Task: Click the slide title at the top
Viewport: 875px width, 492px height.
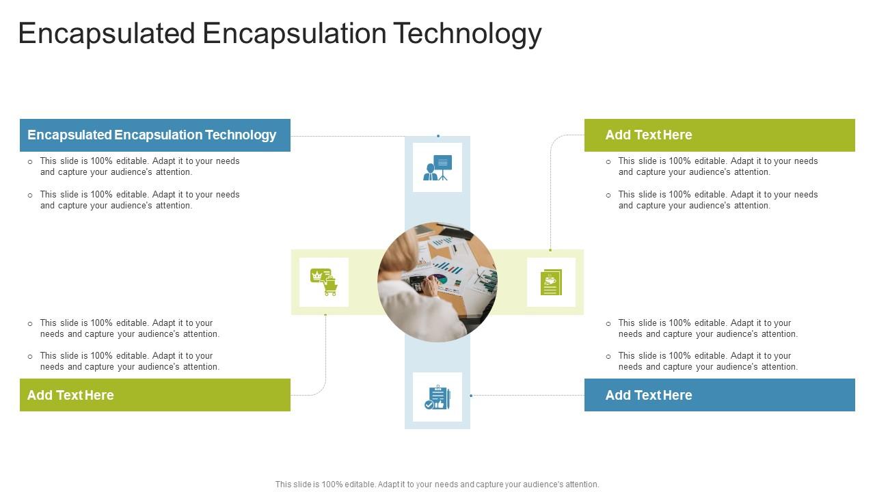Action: (x=280, y=33)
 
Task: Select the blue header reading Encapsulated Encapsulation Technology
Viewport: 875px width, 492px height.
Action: (x=154, y=135)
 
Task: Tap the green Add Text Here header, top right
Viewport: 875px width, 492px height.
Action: (x=719, y=135)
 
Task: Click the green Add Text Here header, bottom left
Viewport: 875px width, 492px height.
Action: (x=154, y=395)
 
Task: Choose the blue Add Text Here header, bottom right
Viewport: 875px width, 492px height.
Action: (x=719, y=395)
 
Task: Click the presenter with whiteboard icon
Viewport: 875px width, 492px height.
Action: (x=437, y=167)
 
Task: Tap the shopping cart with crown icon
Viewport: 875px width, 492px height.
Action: (x=324, y=282)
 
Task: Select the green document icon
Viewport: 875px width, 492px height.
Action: (x=551, y=282)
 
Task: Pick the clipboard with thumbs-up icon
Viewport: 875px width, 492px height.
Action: (x=437, y=397)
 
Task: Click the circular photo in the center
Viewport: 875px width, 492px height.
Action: (x=437, y=282)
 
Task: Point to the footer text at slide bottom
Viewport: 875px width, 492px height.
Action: (x=437, y=484)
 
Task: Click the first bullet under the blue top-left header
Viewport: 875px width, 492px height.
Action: (x=139, y=167)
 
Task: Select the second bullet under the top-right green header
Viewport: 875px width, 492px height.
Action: (x=718, y=200)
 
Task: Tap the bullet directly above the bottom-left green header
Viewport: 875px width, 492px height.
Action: (x=129, y=361)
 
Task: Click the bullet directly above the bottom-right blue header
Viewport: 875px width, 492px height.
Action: (x=708, y=361)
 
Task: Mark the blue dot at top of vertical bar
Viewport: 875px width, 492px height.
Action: (x=438, y=136)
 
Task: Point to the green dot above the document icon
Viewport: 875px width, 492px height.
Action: (x=550, y=250)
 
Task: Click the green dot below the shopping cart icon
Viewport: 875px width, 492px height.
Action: (x=325, y=315)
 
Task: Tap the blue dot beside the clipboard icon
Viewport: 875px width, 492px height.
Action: (x=471, y=396)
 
